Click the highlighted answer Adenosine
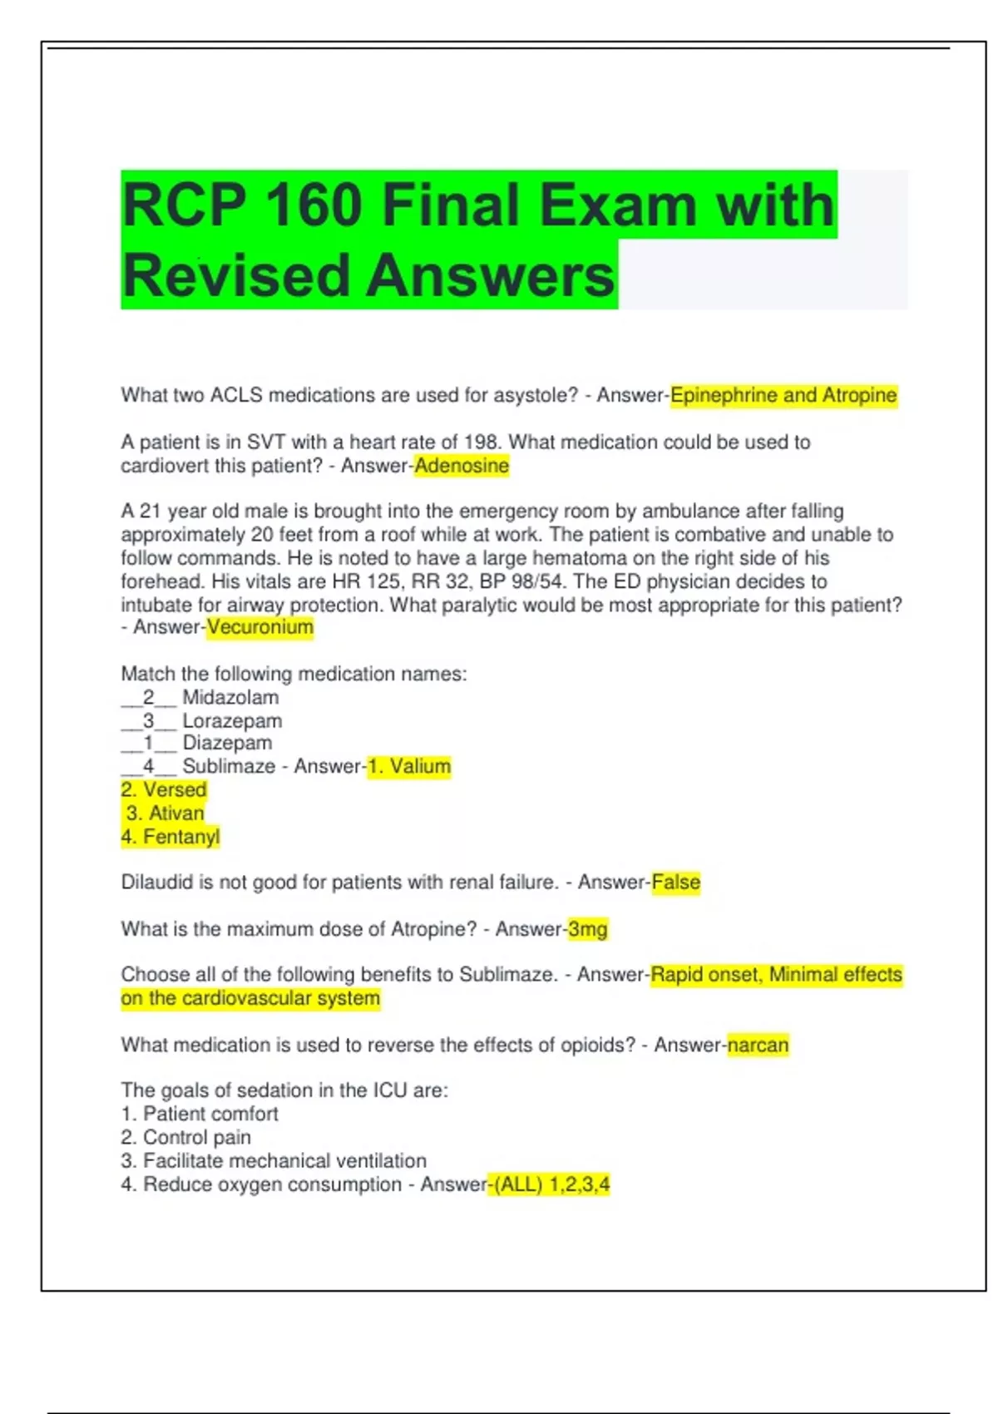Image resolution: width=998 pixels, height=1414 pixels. [462, 466]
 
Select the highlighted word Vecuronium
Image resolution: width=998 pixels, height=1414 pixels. [260, 627]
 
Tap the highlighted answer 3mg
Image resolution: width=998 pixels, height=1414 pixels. [588, 929]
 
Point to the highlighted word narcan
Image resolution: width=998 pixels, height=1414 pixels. [758, 1046]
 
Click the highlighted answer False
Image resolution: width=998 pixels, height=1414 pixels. [676, 883]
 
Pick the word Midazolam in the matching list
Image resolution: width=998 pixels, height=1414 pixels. [230, 698]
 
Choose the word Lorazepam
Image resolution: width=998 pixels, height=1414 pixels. [232, 721]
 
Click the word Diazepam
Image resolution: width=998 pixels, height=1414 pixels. [227, 743]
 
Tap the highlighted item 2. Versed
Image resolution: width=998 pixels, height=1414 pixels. [164, 790]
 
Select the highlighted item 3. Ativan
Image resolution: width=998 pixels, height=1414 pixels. [165, 813]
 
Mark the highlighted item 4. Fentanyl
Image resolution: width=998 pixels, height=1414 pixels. [170, 837]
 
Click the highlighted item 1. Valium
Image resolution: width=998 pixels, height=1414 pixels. [409, 767]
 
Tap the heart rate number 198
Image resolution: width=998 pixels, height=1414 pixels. [483, 442]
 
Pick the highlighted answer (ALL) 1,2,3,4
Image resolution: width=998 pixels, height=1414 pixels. [552, 1184]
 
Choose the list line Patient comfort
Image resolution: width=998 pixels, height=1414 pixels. [210, 1115]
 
